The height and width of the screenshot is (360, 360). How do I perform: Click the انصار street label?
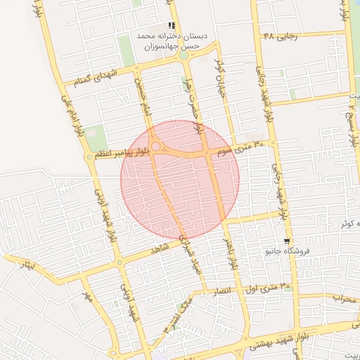tap(212, 289)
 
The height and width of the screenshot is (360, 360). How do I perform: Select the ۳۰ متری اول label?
tap(266, 287)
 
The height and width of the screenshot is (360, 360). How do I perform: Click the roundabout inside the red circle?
tap(156, 147)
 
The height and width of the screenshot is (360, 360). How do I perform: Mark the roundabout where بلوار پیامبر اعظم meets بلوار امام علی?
tap(89, 157)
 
